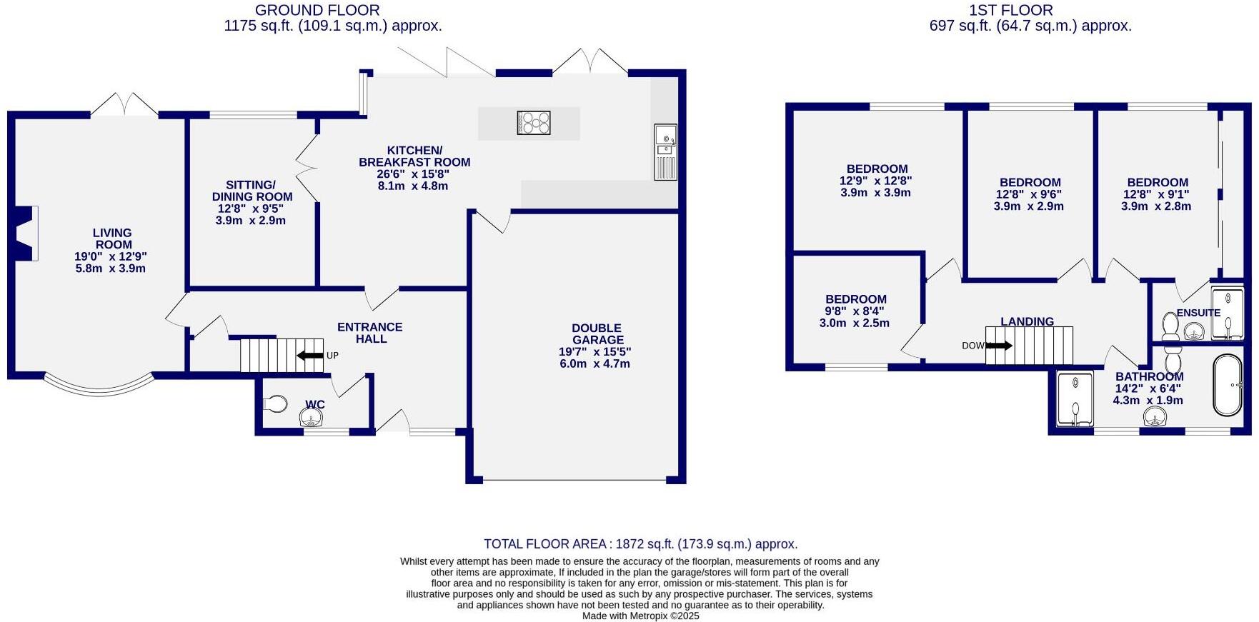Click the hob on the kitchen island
534,123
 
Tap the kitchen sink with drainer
665,152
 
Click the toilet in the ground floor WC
275,404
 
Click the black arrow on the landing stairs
998,346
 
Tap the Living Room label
113,239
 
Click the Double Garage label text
597,334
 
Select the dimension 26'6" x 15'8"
414,174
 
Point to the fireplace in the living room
26,233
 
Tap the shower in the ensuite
1228,313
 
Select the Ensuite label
1198,313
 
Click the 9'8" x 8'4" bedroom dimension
855,311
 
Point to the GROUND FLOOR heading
317,10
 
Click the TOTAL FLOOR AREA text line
640,544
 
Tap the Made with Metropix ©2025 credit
640,616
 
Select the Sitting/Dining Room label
252,191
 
